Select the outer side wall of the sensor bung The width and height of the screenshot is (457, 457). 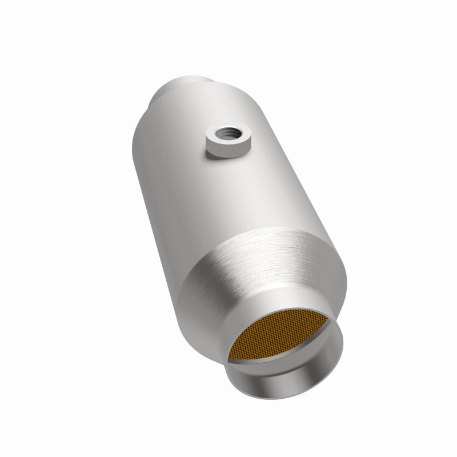227,150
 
